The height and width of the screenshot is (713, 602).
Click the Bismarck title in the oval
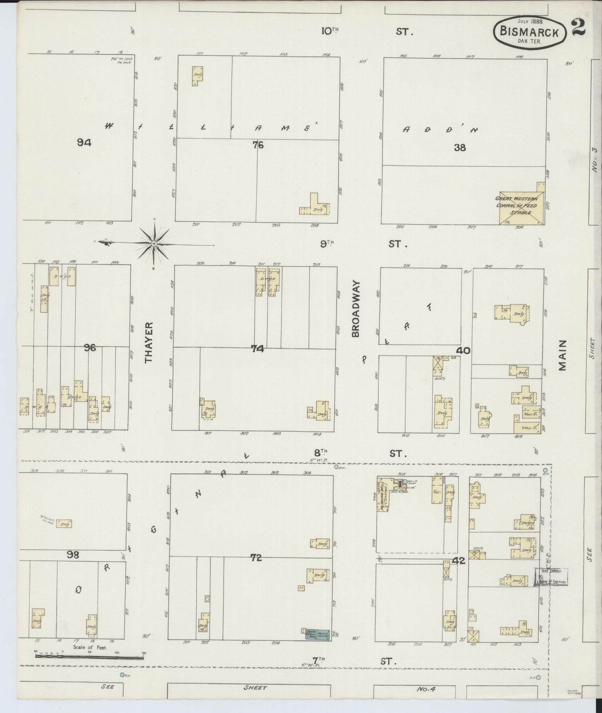point(530,32)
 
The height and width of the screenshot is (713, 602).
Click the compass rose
point(154,243)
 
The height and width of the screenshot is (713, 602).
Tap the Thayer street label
point(150,342)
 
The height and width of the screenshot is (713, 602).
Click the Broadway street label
point(355,308)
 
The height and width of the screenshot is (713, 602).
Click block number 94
point(84,143)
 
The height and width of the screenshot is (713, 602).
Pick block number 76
point(258,145)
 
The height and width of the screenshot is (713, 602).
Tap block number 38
point(460,147)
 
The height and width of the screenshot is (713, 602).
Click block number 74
point(257,349)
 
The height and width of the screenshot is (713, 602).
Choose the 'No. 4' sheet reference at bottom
point(426,689)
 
